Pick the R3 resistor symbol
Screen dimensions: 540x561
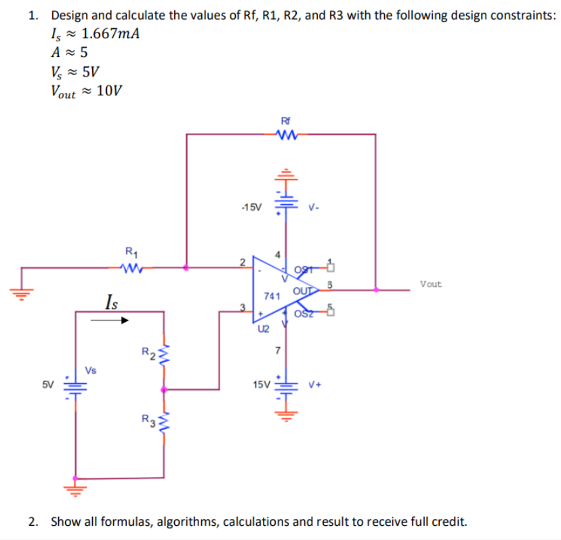(x=163, y=424)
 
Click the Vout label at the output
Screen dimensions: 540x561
(x=430, y=284)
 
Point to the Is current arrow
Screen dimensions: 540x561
(x=102, y=321)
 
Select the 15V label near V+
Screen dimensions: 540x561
(x=260, y=384)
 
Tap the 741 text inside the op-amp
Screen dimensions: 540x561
(x=272, y=296)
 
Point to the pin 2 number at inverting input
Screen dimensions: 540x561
(x=243, y=261)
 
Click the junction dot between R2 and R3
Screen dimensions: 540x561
(x=163, y=390)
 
